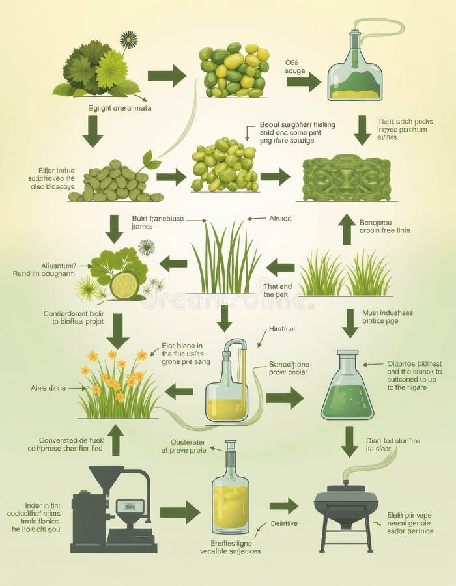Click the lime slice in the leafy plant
(x=124, y=285)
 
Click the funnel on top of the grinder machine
(x=106, y=477)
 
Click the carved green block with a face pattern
(x=346, y=178)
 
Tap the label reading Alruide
(x=281, y=219)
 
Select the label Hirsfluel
(x=281, y=329)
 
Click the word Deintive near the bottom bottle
(x=284, y=523)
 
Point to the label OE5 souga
(x=295, y=67)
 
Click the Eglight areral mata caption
(x=119, y=108)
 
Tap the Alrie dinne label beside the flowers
(x=48, y=388)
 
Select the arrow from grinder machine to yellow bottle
(x=179, y=512)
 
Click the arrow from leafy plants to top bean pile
(x=167, y=76)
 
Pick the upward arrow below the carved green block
(x=347, y=229)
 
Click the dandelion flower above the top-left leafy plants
(x=128, y=40)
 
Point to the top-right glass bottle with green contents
(x=355, y=68)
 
